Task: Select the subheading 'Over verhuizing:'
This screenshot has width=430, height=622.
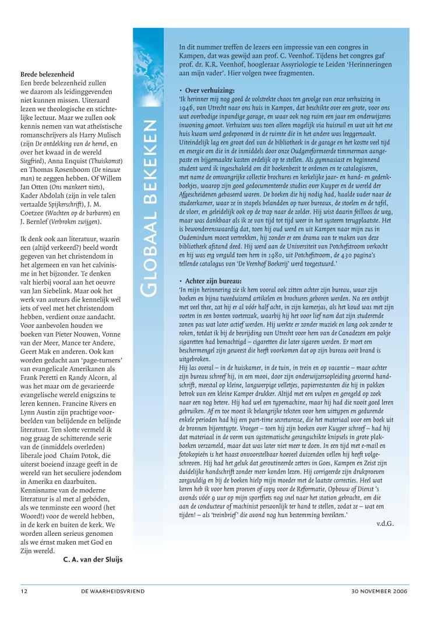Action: coord(209,91)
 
